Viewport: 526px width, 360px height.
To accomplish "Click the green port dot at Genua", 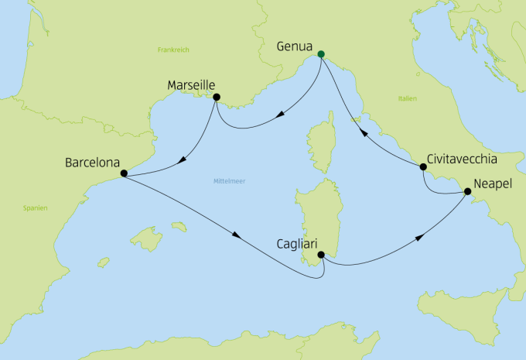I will tap(321, 54).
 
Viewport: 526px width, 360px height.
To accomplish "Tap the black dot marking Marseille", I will tap(216, 98).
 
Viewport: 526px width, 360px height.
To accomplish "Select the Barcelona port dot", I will tap(123, 174).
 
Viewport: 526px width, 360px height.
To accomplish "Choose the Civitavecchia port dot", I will tap(423, 166).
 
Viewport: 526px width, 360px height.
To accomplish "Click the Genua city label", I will tap(295, 46).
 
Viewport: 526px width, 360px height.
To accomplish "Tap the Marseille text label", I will tap(191, 84).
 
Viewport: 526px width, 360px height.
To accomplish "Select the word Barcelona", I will tap(92, 164).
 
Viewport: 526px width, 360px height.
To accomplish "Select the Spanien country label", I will tap(36, 207).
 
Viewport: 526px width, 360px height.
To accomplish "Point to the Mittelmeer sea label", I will tap(227, 182).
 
